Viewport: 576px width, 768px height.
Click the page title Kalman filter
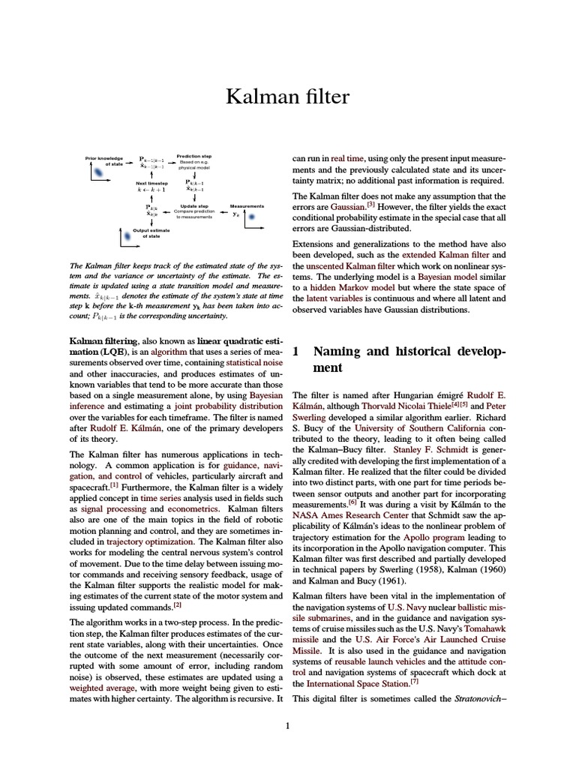click(x=288, y=97)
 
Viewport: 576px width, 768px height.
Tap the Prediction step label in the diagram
click(x=193, y=156)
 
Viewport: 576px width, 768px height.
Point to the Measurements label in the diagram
click(x=247, y=205)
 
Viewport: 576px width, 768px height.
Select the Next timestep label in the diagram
click(x=151, y=182)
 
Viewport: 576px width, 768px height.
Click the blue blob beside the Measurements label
click(x=253, y=217)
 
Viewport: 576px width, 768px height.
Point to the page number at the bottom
click(x=288, y=725)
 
